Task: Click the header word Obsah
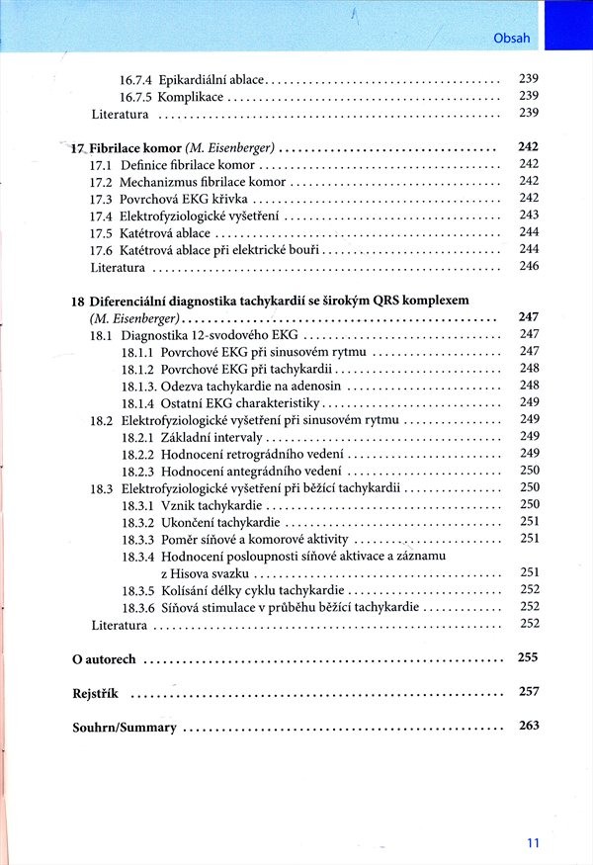[511, 40]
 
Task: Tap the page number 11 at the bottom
[533, 842]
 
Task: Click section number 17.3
[100, 199]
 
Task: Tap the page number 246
[529, 267]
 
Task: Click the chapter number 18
[78, 301]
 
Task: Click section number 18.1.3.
[139, 386]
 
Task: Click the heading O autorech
[105, 659]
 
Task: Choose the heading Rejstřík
[95, 694]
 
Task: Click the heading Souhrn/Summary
[125, 728]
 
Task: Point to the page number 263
[528, 726]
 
